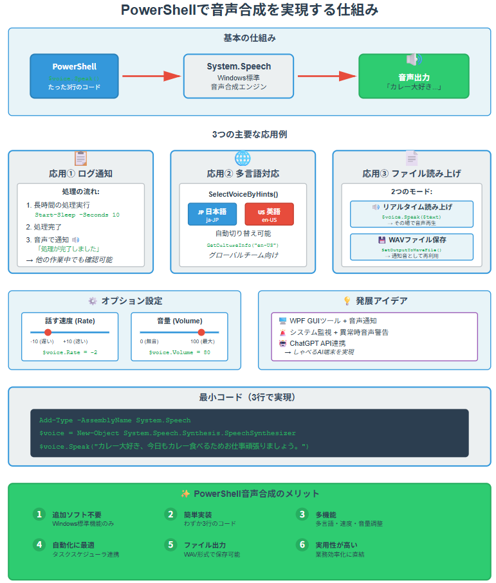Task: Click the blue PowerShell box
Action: (74, 76)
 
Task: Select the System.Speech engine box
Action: (239, 76)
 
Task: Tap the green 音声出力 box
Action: (413, 76)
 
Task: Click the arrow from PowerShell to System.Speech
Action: (152, 76)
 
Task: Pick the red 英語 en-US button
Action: (269, 214)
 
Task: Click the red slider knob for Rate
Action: (48, 332)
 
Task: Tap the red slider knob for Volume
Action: (201, 332)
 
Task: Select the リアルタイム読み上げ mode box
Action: (412, 214)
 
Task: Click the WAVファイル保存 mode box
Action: (412, 247)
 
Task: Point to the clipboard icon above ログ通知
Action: (80, 158)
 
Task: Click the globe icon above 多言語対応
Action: (243, 158)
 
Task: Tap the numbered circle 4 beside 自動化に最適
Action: (39, 544)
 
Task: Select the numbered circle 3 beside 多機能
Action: (302, 514)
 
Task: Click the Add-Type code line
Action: (115, 420)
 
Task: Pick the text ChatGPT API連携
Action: (321, 343)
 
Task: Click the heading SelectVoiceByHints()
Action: (243, 193)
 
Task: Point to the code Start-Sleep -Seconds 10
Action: (77, 215)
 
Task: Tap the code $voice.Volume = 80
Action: (179, 352)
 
